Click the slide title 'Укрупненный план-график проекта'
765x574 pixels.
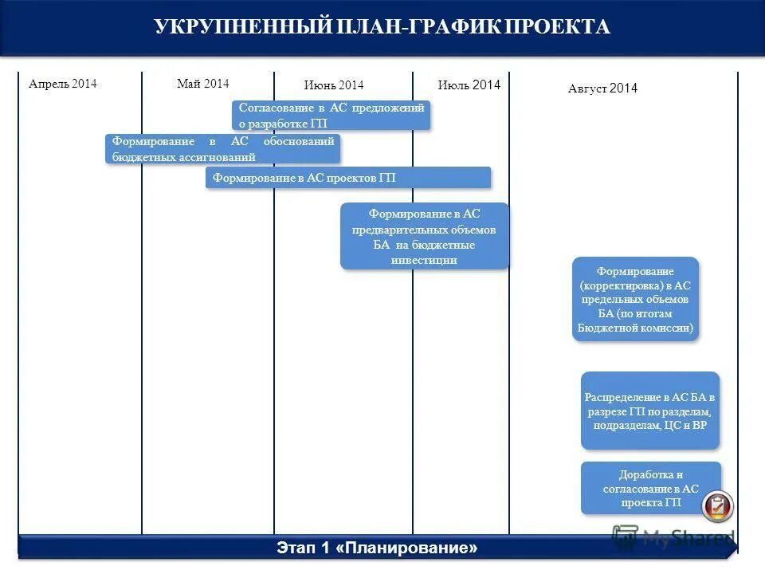[x=382, y=27]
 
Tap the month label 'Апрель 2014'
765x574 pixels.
[x=62, y=84]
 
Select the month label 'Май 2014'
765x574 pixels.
[x=202, y=84]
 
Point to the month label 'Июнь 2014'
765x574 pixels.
[x=333, y=85]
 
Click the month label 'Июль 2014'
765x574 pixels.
[x=469, y=85]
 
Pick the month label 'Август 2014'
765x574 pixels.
[x=602, y=88]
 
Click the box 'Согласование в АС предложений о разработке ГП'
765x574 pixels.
[x=331, y=115]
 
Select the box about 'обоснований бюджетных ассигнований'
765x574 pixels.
[x=223, y=149]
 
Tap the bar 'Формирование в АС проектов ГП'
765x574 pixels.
[x=347, y=178]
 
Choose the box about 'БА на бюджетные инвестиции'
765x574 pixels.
[x=424, y=237]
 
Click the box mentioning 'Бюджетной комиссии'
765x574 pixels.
[x=635, y=299]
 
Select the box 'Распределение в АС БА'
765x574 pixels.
[x=650, y=410]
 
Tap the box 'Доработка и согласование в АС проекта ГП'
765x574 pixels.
[x=650, y=488]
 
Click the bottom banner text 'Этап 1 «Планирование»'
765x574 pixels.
[x=377, y=548]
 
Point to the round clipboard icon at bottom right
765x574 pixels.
[x=717, y=506]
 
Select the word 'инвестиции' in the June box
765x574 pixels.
[x=424, y=260]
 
